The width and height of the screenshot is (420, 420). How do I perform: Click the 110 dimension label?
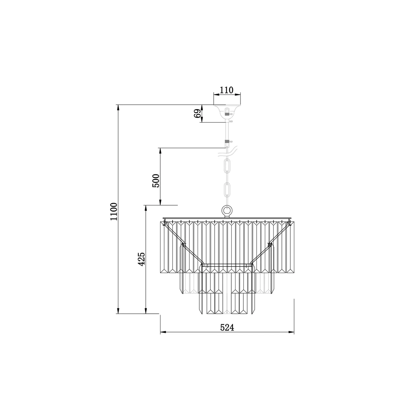(x=226, y=90)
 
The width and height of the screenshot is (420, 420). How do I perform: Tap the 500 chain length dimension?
(x=156, y=181)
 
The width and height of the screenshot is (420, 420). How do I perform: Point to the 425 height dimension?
(x=142, y=259)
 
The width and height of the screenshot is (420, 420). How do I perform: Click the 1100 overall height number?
(x=113, y=211)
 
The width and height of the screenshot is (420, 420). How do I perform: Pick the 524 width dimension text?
(x=227, y=334)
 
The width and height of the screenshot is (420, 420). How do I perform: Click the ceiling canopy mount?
(x=227, y=113)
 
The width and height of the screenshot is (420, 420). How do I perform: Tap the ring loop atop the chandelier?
(x=227, y=211)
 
